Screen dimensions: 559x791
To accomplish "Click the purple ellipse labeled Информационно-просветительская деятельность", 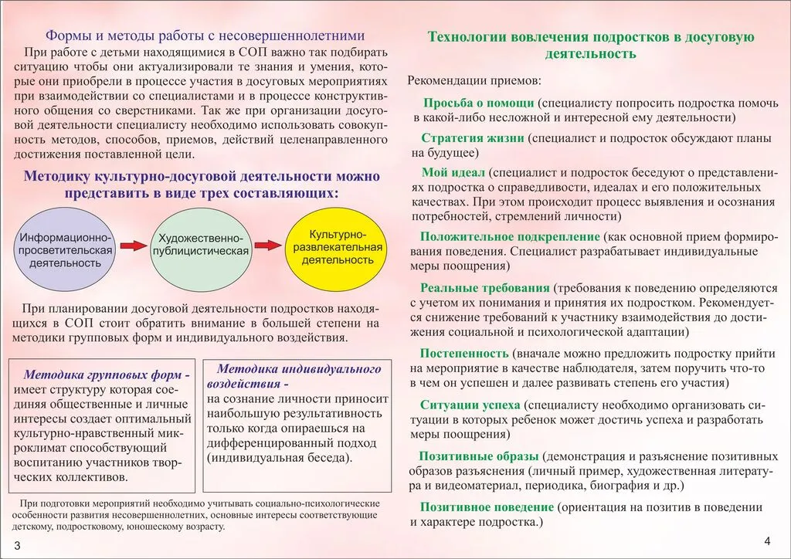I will click(x=66, y=245).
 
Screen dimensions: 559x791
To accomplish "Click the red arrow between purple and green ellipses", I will click(x=133, y=246).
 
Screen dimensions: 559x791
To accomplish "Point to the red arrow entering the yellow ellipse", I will click(x=267, y=246).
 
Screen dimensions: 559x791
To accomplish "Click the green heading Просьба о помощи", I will click(x=479, y=103).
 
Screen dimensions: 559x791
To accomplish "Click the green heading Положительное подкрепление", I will click(x=510, y=236).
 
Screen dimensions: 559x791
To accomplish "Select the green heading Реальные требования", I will click(x=486, y=287).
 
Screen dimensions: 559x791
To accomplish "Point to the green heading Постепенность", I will click(x=465, y=352).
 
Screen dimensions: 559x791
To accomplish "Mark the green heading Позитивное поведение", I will click(x=487, y=507).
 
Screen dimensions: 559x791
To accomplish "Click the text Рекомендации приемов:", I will click(x=474, y=80).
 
